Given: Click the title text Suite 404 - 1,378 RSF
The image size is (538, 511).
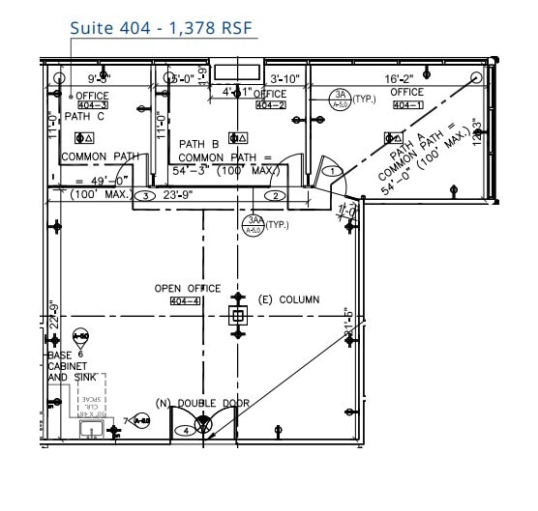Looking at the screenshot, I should point(162,27).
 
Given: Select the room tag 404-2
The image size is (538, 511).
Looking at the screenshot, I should point(270,104).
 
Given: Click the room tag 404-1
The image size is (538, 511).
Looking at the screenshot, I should point(407,104).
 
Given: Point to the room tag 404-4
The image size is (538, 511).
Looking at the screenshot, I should point(185,301).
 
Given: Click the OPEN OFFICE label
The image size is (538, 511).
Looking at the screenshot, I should point(188,289).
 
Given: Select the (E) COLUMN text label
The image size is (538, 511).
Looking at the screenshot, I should point(288,300).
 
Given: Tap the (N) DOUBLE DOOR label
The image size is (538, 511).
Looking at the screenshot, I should point(204,402).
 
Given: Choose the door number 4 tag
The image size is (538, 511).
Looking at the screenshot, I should point(188,431).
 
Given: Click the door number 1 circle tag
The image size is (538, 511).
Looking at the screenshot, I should point(333,171).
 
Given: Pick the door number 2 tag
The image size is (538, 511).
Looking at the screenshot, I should point(275,196).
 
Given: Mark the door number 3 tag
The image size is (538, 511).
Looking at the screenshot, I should point(144,195).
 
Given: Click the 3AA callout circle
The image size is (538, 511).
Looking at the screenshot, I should point(253,224).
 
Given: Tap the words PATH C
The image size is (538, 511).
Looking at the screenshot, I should point(84,117).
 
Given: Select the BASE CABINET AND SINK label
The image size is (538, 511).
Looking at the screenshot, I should point(68,366).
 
